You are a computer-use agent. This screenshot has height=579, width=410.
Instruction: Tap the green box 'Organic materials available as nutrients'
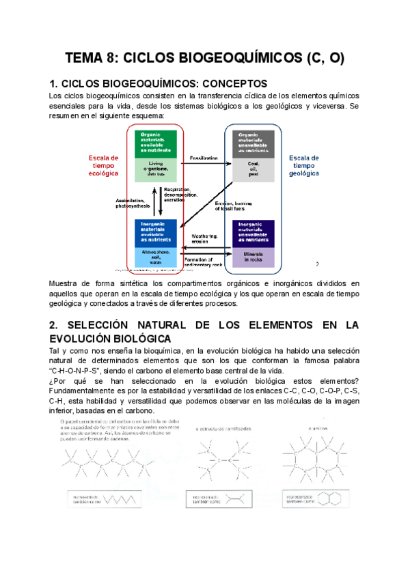(x=156, y=143)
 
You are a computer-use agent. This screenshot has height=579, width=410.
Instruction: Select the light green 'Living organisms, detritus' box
(x=156, y=169)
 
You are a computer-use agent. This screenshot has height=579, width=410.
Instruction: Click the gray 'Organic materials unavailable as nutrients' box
(x=254, y=143)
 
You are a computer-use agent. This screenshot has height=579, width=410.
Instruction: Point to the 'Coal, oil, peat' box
(x=254, y=169)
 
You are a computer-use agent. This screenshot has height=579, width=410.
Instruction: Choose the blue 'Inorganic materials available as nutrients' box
(x=156, y=232)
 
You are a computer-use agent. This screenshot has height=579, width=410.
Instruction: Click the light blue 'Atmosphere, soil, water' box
(x=156, y=257)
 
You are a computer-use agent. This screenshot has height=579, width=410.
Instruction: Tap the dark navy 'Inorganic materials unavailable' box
(x=254, y=232)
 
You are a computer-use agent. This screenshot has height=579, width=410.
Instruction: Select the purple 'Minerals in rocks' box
(x=254, y=257)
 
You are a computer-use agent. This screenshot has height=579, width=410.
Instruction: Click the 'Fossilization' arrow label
(x=204, y=158)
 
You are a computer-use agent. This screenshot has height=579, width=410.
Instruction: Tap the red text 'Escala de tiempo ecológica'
(x=104, y=166)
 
